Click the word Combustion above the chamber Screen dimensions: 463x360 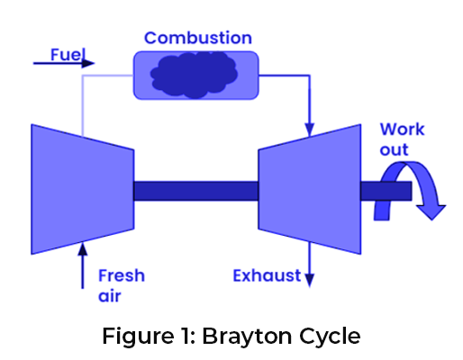click(x=198, y=38)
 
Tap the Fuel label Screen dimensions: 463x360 click(x=68, y=55)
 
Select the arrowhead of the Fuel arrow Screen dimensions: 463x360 click(x=88, y=63)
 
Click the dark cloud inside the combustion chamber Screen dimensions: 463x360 click(x=194, y=75)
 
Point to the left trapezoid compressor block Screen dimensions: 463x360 click(x=83, y=189)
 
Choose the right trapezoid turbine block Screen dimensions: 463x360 click(x=310, y=189)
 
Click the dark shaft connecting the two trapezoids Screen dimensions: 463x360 click(x=196, y=191)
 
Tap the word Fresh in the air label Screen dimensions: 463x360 click(x=122, y=275)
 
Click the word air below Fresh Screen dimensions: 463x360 click(x=110, y=296)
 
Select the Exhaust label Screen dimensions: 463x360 click(x=267, y=275)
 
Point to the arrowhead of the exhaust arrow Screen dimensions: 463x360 click(x=310, y=281)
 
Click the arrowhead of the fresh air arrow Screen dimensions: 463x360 click(x=83, y=248)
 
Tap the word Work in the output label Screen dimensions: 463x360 click(x=403, y=130)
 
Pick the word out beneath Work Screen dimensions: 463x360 click(x=395, y=149)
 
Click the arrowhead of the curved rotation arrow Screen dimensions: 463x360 click(x=431, y=212)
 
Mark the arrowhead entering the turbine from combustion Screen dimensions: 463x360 click(x=310, y=130)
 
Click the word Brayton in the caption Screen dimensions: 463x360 click(x=247, y=336)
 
